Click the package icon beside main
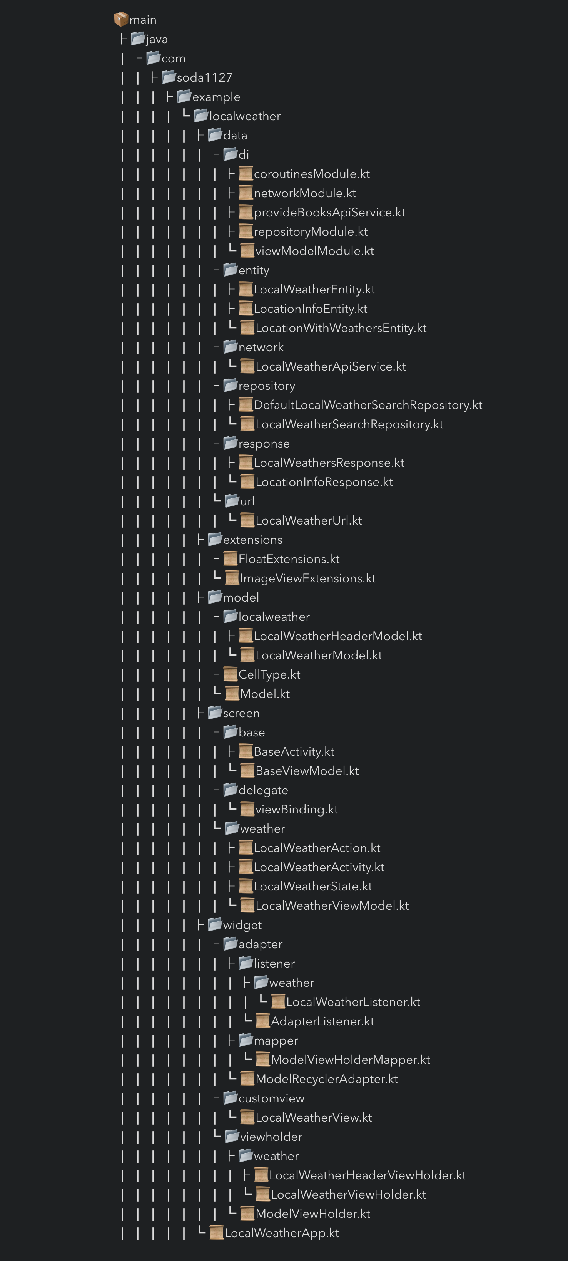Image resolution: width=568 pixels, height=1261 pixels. coord(121,20)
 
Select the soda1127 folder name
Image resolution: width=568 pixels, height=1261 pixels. coord(204,77)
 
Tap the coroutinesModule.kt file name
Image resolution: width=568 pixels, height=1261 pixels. coord(312,174)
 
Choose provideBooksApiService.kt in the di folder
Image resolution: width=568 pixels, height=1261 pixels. coord(329,213)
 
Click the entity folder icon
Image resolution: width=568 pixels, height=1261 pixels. coord(231,270)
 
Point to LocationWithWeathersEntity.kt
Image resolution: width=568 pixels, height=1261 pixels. coord(341,328)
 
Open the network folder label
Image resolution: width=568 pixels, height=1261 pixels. coord(261,347)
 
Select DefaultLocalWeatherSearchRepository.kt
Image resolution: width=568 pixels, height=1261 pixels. coord(368,405)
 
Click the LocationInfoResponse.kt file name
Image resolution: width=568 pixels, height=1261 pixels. coord(324,482)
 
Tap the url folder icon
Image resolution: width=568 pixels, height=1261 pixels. coord(232,501)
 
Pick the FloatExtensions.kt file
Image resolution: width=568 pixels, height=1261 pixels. coord(289,559)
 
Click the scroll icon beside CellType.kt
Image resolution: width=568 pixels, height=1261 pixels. coord(231,674)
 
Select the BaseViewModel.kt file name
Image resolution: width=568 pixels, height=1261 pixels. coord(307,771)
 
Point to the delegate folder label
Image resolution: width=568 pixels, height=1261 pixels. coord(263,790)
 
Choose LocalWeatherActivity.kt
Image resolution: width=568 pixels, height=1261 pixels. coord(319,867)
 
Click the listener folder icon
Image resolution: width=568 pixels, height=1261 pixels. coord(246,963)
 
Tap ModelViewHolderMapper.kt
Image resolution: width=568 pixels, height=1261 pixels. coord(350,1060)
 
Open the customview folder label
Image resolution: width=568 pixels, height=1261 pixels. coord(271,1098)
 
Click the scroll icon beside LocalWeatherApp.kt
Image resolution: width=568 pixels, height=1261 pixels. coord(216,1233)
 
